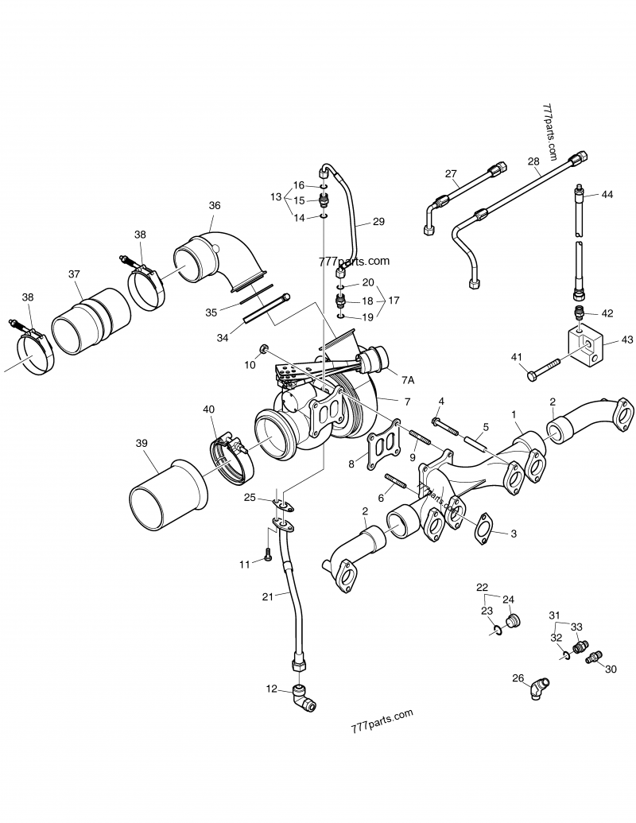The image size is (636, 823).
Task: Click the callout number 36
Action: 215,205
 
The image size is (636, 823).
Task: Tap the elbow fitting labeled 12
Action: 303,697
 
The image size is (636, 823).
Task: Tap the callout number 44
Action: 607,195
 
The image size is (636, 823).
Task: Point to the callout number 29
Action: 378,221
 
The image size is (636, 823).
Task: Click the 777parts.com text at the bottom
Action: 382,715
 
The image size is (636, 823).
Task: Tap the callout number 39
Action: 142,443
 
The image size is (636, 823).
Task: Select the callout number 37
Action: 75,274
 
